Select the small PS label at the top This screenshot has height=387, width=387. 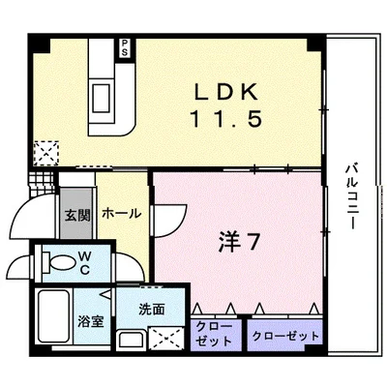coord(125,47)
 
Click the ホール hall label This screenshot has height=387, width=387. coord(120,213)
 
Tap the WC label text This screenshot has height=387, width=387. coord(85,263)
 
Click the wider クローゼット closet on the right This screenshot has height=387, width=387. coord(284,335)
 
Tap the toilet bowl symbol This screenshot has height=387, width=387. coord(57,261)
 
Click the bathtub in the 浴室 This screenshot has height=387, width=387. coord(54,317)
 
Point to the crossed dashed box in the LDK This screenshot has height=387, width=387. coord(45,153)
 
